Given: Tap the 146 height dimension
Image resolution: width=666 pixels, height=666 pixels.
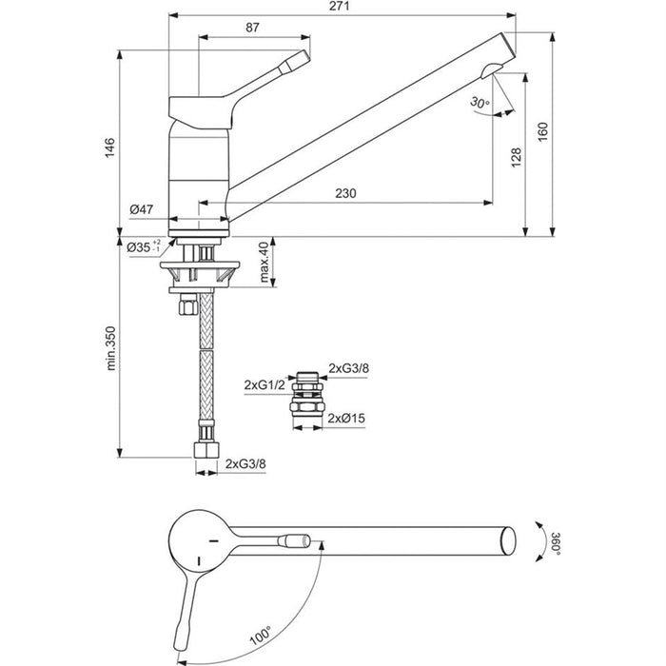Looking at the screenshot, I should click(x=109, y=147).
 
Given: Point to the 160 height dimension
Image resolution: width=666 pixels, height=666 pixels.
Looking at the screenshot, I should click(x=542, y=131).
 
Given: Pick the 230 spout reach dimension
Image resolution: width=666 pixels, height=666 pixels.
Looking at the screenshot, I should click(x=345, y=193).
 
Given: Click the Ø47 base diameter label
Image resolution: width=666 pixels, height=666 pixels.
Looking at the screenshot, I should click(x=142, y=208).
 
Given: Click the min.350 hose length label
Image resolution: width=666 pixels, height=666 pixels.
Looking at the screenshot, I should click(x=109, y=348).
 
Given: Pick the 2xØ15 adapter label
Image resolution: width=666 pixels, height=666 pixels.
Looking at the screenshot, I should click(x=347, y=418).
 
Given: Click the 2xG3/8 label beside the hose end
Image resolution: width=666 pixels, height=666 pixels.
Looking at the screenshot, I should click(x=246, y=464).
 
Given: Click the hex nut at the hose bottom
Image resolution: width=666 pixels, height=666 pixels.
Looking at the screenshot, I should click(x=206, y=448).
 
